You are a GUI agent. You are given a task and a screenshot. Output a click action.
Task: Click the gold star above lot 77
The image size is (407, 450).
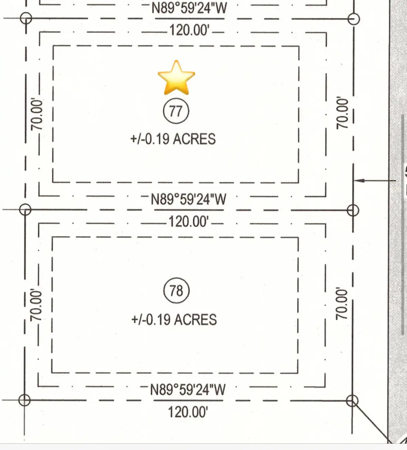tap(176, 78)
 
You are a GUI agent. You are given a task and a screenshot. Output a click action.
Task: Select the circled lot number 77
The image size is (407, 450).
tap(176, 111)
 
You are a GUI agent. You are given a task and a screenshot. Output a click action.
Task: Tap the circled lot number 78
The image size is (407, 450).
tap(176, 291)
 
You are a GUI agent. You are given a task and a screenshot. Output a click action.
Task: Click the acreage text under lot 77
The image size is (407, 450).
tap(173, 139)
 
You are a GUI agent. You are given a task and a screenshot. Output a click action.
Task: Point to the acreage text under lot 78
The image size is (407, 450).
tap(174, 320)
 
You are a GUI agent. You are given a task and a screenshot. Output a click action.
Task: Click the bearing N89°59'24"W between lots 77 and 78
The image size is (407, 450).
tap(189, 199)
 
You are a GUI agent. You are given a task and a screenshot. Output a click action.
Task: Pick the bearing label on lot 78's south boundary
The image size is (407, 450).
tap(188, 390)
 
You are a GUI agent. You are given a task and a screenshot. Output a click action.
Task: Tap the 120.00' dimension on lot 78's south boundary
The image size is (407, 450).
tap(188, 412)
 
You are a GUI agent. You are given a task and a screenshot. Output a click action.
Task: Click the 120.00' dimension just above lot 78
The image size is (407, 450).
tap(189, 222)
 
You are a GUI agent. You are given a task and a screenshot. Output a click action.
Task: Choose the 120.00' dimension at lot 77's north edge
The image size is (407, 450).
tap(189, 30)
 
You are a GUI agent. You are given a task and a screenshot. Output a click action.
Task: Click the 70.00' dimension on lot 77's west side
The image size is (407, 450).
tap(37, 114)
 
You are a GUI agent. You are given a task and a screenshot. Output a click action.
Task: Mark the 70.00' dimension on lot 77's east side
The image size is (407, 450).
tap(342, 113)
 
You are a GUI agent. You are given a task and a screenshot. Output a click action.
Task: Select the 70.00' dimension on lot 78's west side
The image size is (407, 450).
tap(36, 305)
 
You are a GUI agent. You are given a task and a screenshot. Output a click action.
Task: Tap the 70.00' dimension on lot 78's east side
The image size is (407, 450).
tap(342, 304)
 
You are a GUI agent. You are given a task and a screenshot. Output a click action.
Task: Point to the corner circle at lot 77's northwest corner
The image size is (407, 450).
tap(26, 18)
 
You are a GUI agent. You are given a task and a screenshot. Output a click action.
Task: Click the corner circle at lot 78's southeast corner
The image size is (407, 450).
tap(352, 401)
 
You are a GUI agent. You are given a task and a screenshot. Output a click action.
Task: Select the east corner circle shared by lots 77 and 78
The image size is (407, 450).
tap(353, 210)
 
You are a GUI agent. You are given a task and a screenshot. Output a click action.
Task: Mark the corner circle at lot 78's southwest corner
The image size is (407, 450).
tap(24, 400)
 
